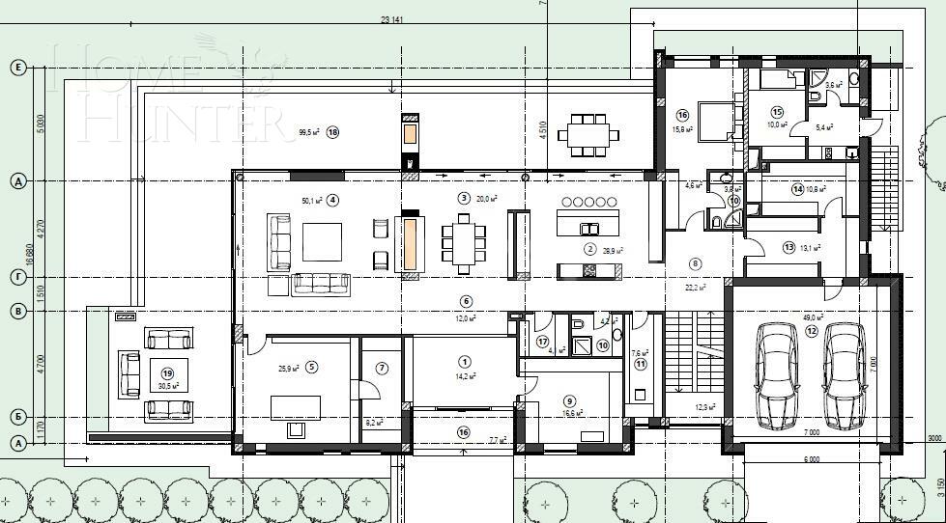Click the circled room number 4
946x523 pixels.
(x=332, y=201)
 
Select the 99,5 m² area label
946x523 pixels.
(x=309, y=132)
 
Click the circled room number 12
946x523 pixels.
(x=812, y=331)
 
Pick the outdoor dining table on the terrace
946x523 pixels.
(x=589, y=134)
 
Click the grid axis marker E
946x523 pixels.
(x=16, y=67)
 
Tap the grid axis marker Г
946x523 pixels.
(x=16, y=277)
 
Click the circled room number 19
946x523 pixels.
(x=166, y=372)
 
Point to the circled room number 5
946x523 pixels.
(x=311, y=367)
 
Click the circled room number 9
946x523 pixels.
(x=570, y=401)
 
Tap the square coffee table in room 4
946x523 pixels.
(x=322, y=242)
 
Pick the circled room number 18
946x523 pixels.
(x=333, y=132)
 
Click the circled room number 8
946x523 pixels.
(x=695, y=262)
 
